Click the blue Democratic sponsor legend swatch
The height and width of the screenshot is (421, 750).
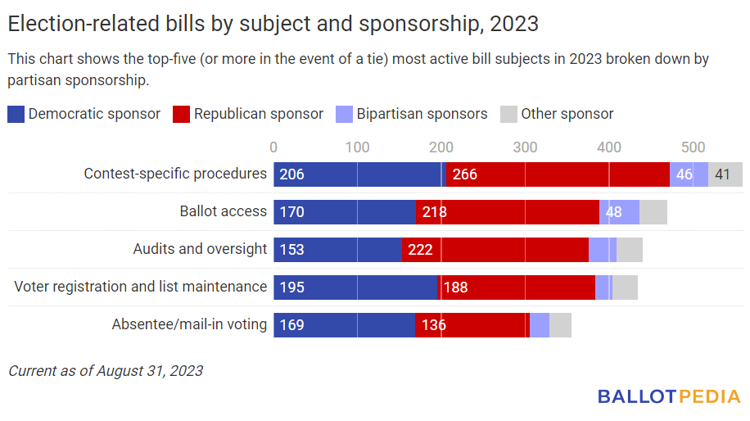pos(16,114)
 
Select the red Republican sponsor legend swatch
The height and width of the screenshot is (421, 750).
pos(181,114)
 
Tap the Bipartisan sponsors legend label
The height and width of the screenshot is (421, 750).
pos(422,114)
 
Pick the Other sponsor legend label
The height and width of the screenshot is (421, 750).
pos(567,114)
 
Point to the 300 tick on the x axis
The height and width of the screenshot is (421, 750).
pos(525,147)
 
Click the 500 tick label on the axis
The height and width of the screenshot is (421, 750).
pos(693,147)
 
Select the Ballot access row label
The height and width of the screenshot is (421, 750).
pos(223,211)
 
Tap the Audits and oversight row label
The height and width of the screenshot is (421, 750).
pos(200,249)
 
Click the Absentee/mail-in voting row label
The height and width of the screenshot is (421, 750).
pos(189,324)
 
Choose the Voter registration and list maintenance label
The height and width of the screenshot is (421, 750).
pos(141,287)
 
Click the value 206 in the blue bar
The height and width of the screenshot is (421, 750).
pos(291,174)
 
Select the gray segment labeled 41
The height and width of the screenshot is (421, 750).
pos(725,174)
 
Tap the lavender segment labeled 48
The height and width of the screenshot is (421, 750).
pos(620,212)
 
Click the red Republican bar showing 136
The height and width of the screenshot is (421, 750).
pos(472,325)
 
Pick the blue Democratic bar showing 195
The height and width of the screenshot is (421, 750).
pos(355,287)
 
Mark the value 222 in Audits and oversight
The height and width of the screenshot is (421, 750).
pos(420,250)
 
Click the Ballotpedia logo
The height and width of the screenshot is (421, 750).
pos(668,396)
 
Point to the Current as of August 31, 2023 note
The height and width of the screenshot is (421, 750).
pos(106,371)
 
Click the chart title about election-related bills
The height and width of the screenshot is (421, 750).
pos(273,24)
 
